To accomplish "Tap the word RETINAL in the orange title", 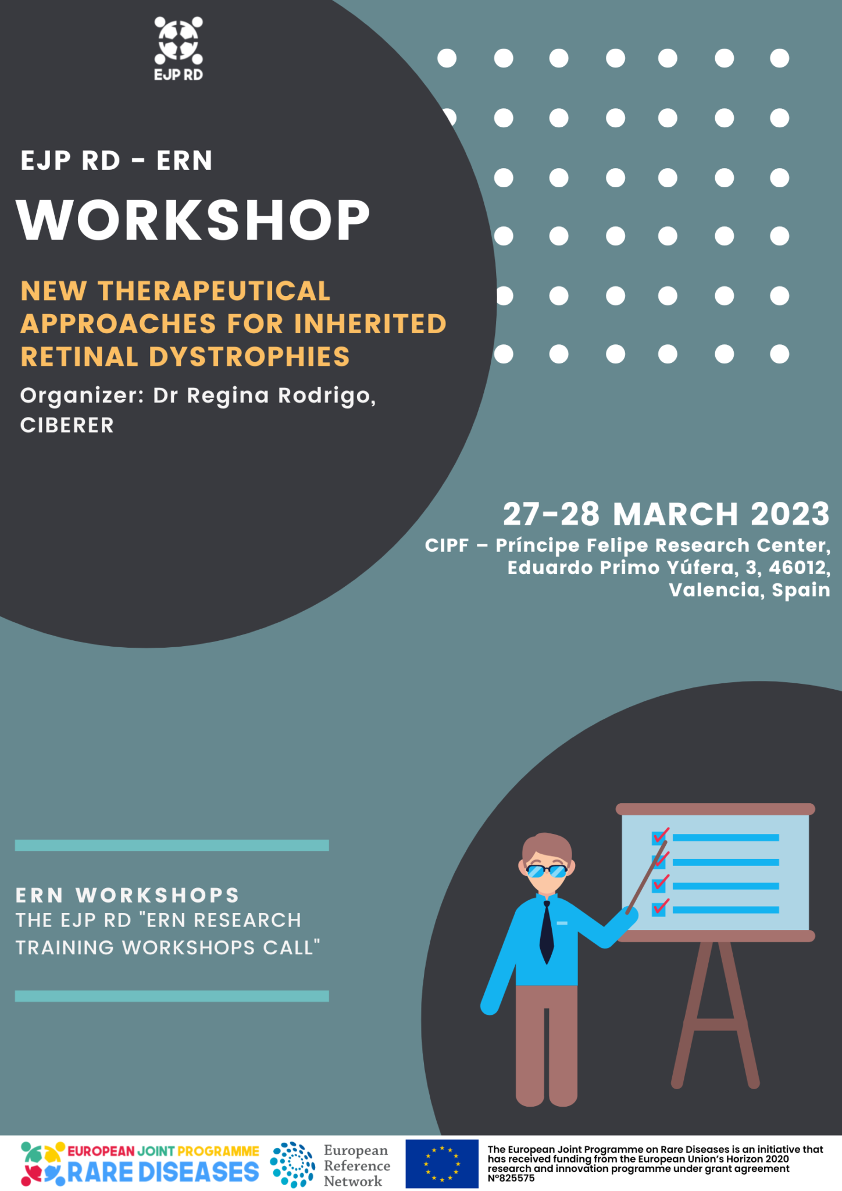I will coord(79,357).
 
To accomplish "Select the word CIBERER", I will coord(67,426).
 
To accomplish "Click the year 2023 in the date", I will coord(790,514).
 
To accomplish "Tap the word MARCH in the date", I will coord(676,514).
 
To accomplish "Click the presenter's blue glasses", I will coord(547,871).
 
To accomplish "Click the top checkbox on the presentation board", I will coord(659,838).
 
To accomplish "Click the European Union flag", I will coord(442,1164).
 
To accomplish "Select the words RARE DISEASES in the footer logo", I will coord(163,1172).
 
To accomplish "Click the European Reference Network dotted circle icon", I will coord(292,1164).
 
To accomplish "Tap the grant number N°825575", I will coord(511,1178).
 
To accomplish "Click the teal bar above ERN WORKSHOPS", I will coord(172,845).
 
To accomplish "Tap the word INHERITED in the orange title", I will coord(370,324).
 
